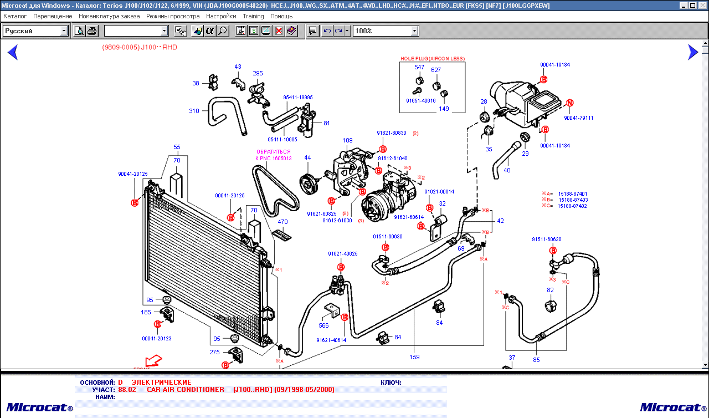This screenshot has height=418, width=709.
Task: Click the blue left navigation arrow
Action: [x=13, y=52]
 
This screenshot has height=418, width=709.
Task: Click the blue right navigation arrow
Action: [x=692, y=52]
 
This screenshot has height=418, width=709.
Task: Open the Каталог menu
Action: [x=15, y=16]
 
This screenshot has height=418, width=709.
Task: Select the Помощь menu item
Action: [x=281, y=16]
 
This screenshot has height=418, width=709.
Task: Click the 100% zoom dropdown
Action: [x=386, y=31]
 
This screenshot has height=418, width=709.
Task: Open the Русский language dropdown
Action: [x=35, y=31]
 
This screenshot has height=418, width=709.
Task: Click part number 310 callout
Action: [x=194, y=111]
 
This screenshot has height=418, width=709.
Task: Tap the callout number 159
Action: [x=414, y=357]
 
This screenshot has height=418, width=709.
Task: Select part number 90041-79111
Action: [x=578, y=118]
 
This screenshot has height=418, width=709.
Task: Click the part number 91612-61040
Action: [x=393, y=159]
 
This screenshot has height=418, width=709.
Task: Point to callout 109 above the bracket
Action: [x=347, y=140]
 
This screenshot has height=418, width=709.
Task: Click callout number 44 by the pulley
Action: [x=307, y=158]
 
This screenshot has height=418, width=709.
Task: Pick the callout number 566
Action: [x=323, y=325]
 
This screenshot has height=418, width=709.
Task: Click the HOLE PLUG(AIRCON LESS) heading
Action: [x=433, y=58]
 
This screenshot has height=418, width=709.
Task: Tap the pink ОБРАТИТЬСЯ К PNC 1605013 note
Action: [x=273, y=155]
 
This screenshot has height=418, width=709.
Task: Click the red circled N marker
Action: [x=569, y=103]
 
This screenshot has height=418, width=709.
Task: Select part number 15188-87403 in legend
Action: [x=573, y=200]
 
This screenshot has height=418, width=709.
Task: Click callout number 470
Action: [x=282, y=222]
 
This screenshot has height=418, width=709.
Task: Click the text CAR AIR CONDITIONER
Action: [x=186, y=390]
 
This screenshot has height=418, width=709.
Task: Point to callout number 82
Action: [x=550, y=290]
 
